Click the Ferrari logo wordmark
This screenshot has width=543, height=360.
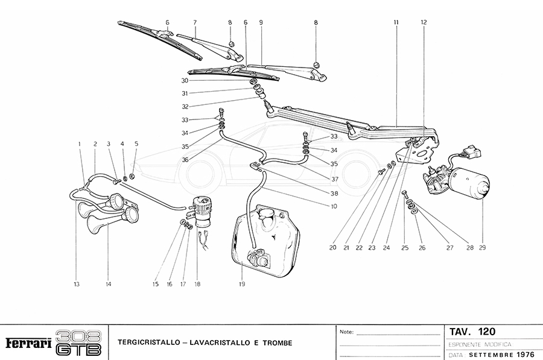pos(28,343)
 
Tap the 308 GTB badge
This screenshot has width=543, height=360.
pos(78,343)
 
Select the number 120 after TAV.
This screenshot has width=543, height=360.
pos(486,332)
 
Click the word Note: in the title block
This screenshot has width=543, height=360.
pos(346,332)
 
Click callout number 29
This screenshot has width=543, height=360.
pos(483,248)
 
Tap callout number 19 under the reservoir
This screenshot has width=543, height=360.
pos(241,284)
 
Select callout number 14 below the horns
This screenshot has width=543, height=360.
pos(109,284)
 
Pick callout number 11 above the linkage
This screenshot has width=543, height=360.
pos(396,22)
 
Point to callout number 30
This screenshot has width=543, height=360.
pos(185,80)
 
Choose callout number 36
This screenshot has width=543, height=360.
pos(185,159)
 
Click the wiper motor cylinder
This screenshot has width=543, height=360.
pos(474,183)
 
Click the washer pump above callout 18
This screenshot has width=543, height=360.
pos(202,206)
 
